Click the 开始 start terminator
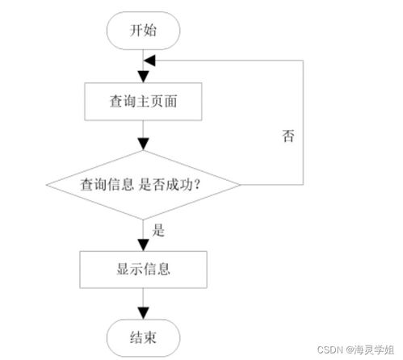[x=144, y=31]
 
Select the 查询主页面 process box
[x=144, y=103]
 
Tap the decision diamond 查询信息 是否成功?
[x=143, y=185]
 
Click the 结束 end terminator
[x=144, y=336]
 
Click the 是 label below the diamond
[x=159, y=230]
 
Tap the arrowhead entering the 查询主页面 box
[x=144, y=77]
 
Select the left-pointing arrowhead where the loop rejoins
[x=149, y=60]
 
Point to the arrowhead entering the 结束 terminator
[x=144, y=312]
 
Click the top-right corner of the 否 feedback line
[x=302, y=60]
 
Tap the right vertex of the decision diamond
[x=241, y=185]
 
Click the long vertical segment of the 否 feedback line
[x=302, y=121]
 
